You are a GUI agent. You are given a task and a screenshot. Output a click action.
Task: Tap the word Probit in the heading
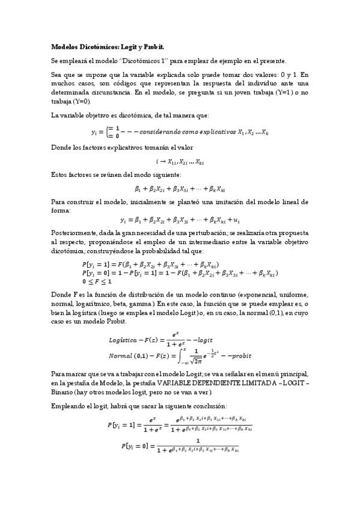pos(153,46)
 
